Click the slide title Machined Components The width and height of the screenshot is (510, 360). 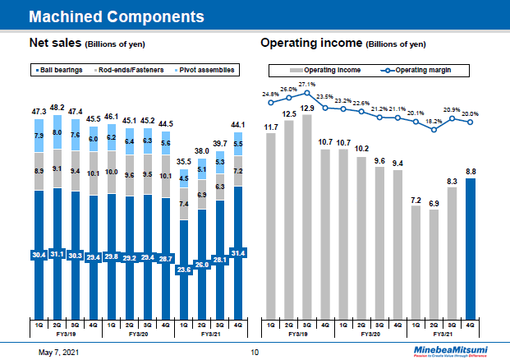(x=117, y=16)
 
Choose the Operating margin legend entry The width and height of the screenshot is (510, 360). (x=418, y=70)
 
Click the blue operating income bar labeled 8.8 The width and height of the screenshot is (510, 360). (x=471, y=247)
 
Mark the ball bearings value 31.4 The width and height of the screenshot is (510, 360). (x=237, y=252)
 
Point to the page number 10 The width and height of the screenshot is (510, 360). (x=255, y=352)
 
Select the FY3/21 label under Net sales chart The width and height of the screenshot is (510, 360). (x=211, y=335)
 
